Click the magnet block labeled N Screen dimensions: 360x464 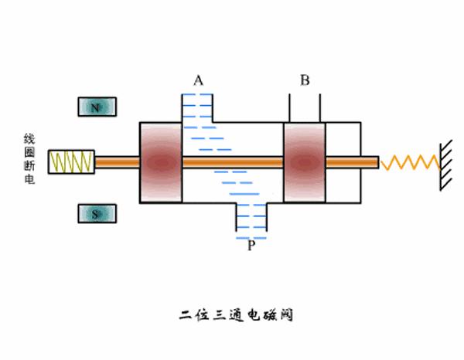click(97, 108)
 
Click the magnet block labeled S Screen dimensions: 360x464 click(97, 214)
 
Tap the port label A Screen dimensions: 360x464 click(198, 80)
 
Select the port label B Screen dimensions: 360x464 click(305, 80)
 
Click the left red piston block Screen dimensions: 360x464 click(160, 162)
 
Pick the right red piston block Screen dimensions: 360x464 click(304, 162)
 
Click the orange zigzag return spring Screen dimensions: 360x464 click(412, 162)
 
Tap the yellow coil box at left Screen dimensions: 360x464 click(71, 162)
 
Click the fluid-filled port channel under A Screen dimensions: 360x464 click(197, 108)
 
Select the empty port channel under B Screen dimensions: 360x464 click(305, 107)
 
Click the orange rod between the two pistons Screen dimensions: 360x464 click(232, 162)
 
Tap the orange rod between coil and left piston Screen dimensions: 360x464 click(116, 162)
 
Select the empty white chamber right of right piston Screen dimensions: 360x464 click(343, 185)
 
